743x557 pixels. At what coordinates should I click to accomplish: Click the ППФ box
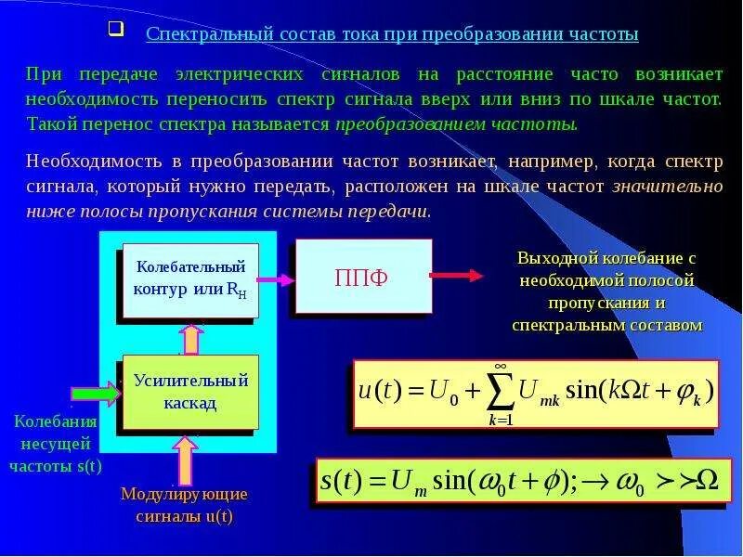[364, 276]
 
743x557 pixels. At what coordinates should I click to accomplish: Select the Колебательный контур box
[190, 278]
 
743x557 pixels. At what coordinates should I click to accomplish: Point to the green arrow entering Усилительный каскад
[97, 393]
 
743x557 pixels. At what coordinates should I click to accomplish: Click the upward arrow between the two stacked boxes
[190, 339]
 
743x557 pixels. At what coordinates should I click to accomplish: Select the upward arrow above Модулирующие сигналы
[185, 459]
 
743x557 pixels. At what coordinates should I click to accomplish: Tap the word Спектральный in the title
[198, 34]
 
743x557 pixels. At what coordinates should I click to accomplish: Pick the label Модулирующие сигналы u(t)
[184, 504]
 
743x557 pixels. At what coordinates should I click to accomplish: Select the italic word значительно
[667, 187]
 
